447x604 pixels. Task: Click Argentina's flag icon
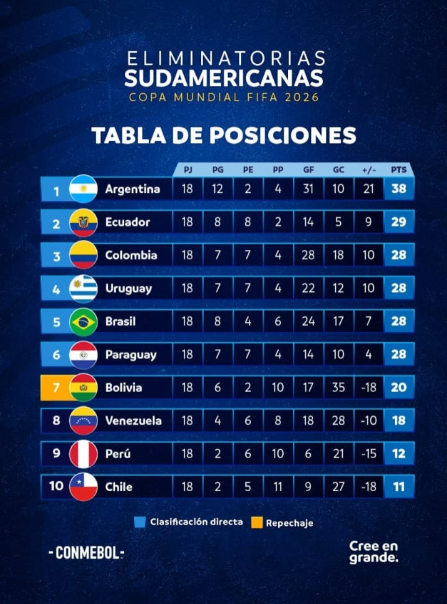coord(83,189)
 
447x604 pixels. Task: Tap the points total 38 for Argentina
coord(399,189)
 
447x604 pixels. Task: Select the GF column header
coord(308,169)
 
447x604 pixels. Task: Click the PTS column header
coord(399,169)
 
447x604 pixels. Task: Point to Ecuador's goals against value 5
coord(338,222)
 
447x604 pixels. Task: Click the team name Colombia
coord(131,255)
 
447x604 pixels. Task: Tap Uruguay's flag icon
coord(83,288)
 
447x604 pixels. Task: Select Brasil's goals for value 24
coord(308,321)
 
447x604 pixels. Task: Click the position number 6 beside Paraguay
coord(56,355)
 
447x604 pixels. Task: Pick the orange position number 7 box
coord(56,388)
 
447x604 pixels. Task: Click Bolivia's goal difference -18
coord(369,388)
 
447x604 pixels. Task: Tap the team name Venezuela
coord(133,420)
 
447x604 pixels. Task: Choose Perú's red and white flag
coord(83,454)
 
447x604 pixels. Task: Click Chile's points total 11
coord(399,487)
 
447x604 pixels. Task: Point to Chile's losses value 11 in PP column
coord(278,487)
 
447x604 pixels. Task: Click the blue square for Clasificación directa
coord(140,522)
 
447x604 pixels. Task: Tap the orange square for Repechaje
coord(256,523)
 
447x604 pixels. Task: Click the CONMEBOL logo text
coord(86,553)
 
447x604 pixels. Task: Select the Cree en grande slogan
coord(373,551)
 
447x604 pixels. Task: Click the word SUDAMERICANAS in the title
coord(223,79)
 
